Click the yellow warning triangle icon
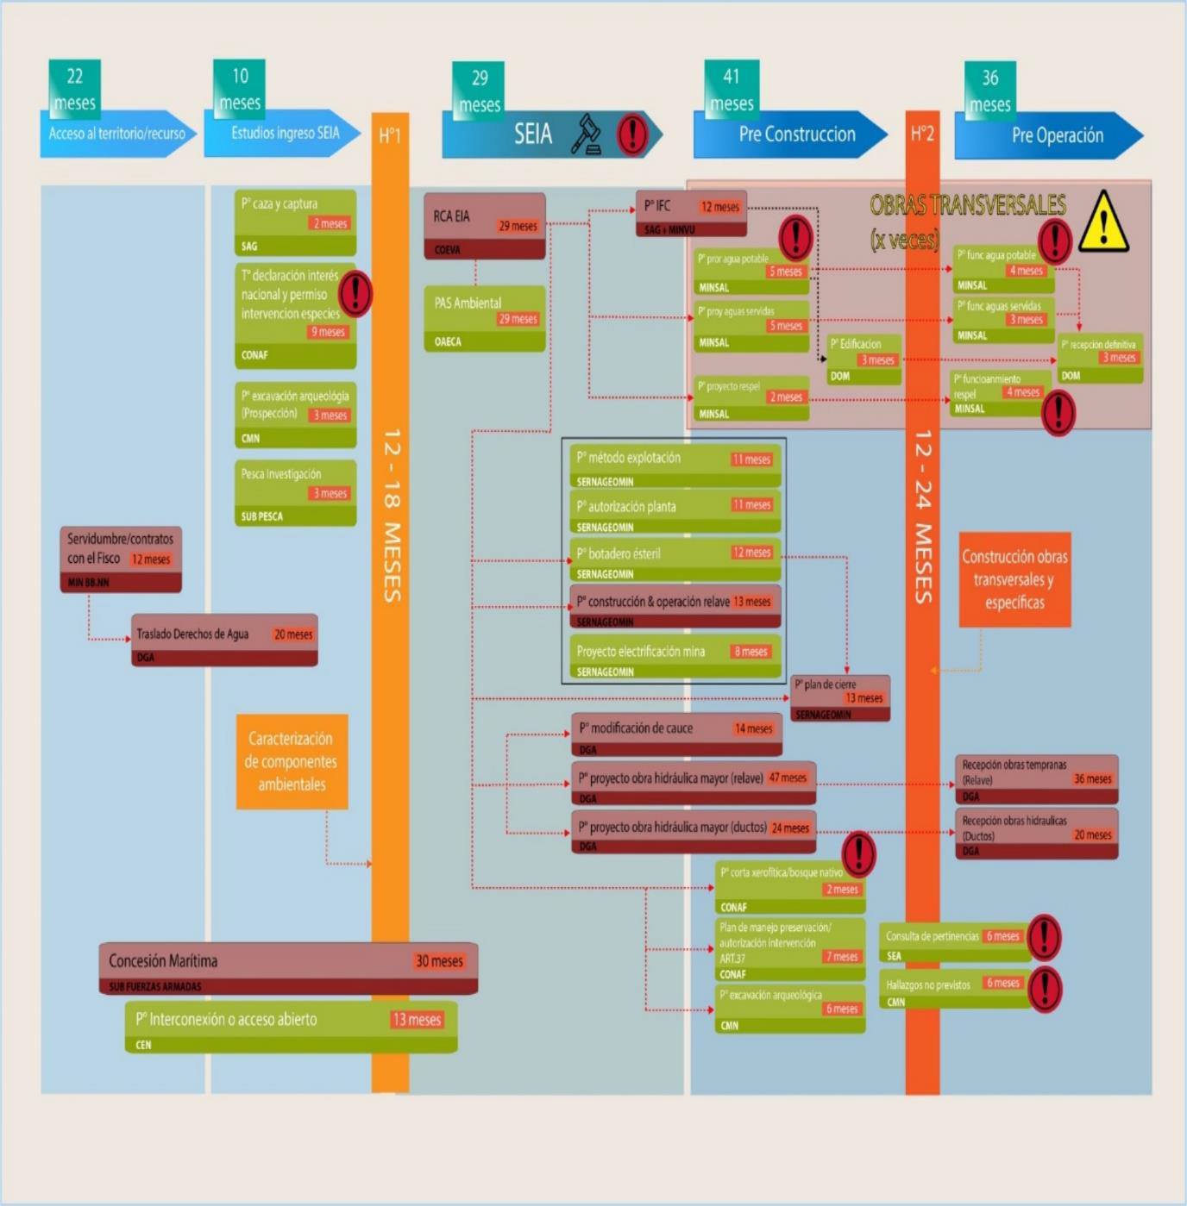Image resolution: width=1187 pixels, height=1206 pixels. tap(1103, 222)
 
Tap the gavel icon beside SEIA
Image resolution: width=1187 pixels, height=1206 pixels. tap(587, 134)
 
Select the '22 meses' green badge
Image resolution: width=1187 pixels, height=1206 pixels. tap(75, 89)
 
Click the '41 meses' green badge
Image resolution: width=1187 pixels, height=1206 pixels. tap(732, 89)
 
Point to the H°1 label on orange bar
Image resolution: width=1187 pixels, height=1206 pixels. tap(390, 135)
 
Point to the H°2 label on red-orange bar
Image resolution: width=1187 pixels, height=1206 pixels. tap(922, 134)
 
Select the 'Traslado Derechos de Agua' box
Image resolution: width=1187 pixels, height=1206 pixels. tap(224, 640)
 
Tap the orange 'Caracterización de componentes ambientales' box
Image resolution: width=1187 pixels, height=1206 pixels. tap(292, 761)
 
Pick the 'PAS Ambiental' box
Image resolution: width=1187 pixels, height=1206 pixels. tap(484, 318)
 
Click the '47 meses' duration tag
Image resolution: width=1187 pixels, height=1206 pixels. tap(788, 778)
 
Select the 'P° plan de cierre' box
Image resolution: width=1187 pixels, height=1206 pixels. tap(840, 697)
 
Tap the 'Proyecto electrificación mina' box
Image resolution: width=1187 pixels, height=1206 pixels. tap(674, 658)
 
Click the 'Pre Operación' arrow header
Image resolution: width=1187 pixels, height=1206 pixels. tap(1049, 135)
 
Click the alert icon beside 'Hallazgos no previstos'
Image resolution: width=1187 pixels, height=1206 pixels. tap(1045, 989)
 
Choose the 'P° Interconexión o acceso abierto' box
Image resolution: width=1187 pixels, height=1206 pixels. tap(291, 1027)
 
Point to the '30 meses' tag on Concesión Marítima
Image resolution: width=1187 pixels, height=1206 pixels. tap(439, 961)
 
